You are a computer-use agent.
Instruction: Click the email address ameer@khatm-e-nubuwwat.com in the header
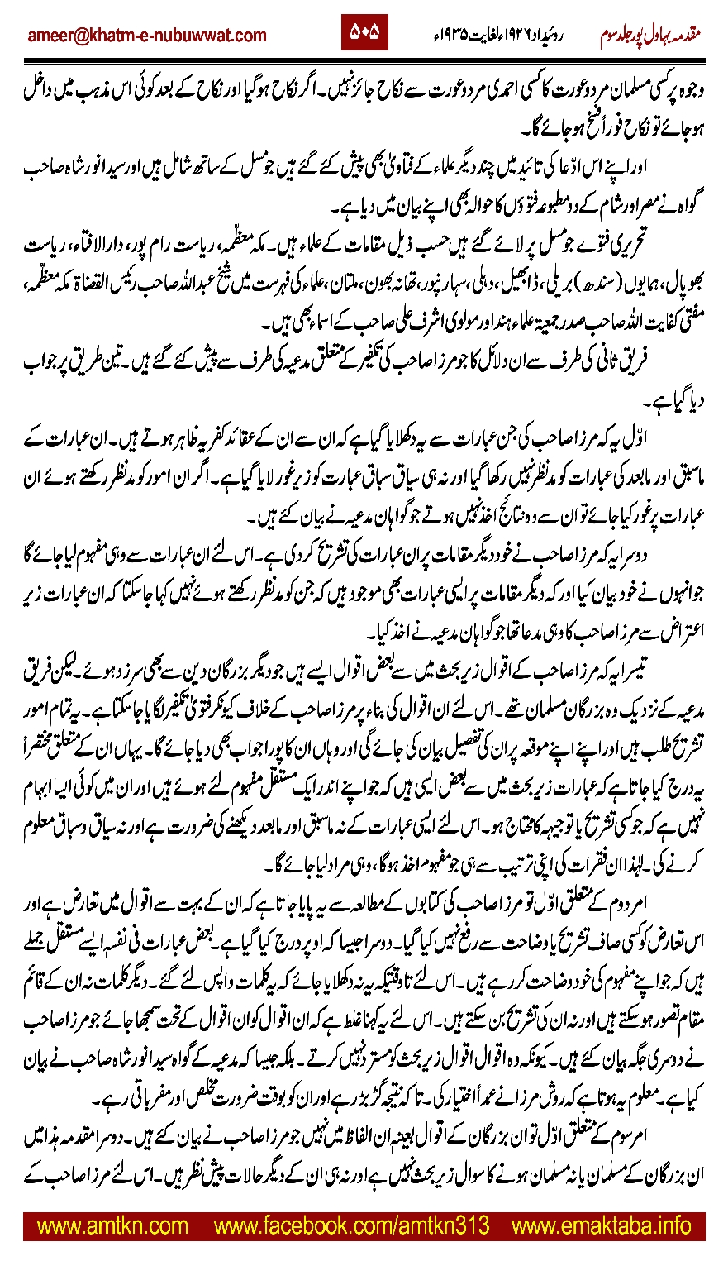[x=147, y=36]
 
